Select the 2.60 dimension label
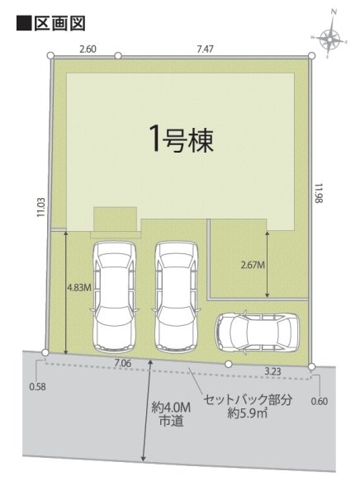pos(87,49)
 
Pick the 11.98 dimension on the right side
pos(320,195)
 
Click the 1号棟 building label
pos(182,139)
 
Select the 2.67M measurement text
pos(252,265)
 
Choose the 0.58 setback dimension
pos(37,386)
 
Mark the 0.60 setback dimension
pos(321,402)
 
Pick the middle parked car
pos(175,295)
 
